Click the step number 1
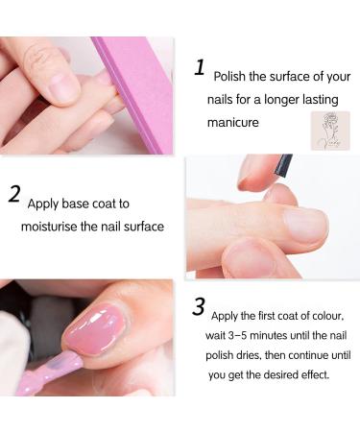coord(200,67)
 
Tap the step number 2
coord(14,195)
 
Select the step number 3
coord(199,307)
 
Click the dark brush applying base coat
coord(284,164)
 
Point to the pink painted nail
coord(93,330)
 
